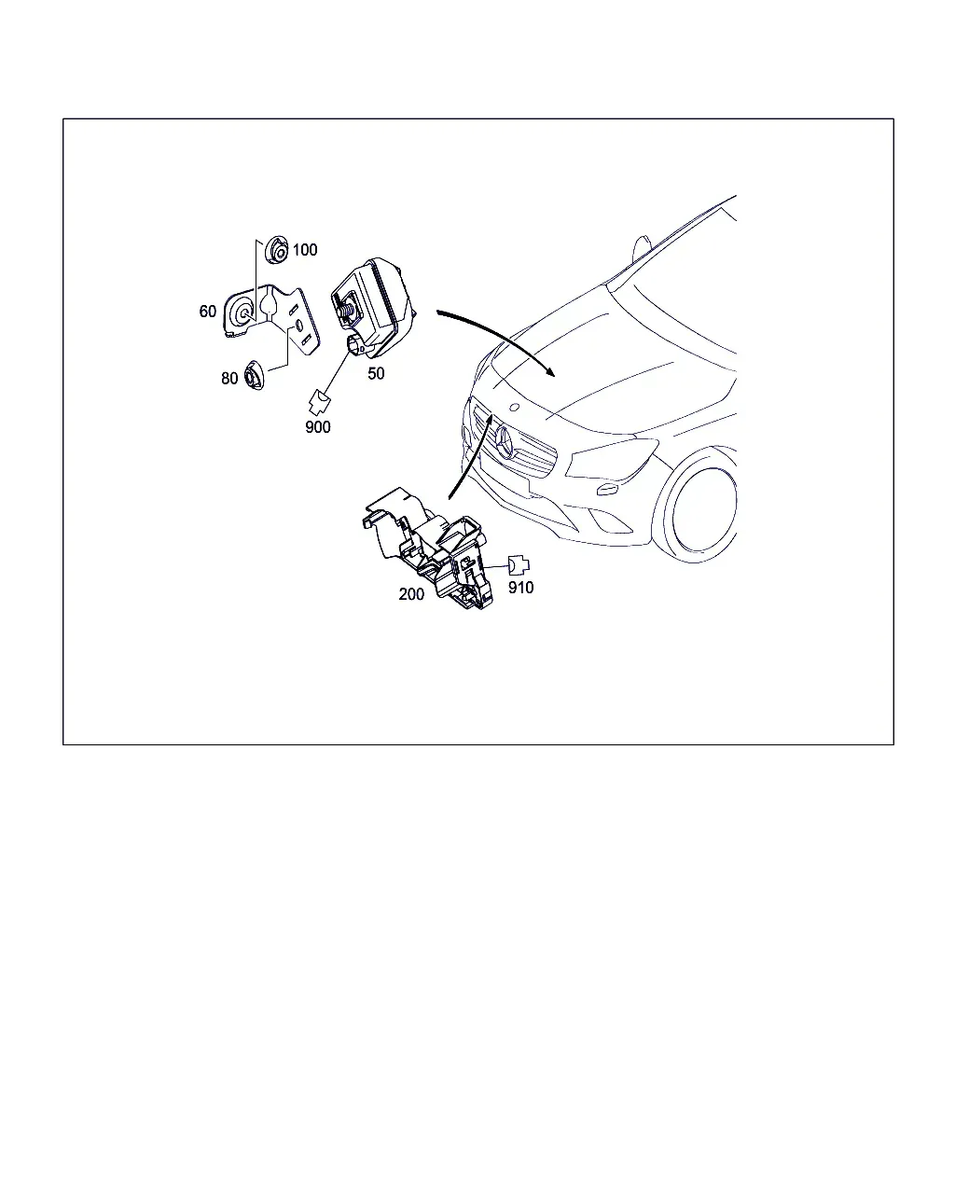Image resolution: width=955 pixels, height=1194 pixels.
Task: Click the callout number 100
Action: (x=305, y=250)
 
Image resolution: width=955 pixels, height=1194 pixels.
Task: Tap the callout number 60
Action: (x=208, y=312)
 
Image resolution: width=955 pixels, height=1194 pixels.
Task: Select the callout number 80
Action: (x=229, y=379)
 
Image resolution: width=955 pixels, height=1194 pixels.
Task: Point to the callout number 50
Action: (x=376, y=373)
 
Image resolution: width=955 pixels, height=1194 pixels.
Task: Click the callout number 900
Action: (x=317, y=426)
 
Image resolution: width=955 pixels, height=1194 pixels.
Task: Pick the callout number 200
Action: (x=411, y=594)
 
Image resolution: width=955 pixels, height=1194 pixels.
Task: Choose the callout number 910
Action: (x=520, y=588)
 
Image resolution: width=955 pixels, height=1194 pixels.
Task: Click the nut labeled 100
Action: (x=277, y=250)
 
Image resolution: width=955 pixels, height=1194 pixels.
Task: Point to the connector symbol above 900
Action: (x=319, y=402)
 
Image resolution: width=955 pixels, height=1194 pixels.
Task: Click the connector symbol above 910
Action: (x=519, y=565)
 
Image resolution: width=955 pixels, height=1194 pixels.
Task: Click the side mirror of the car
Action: (x=642, y=249)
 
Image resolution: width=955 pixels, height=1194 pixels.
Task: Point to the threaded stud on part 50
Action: (x=347, y=309)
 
